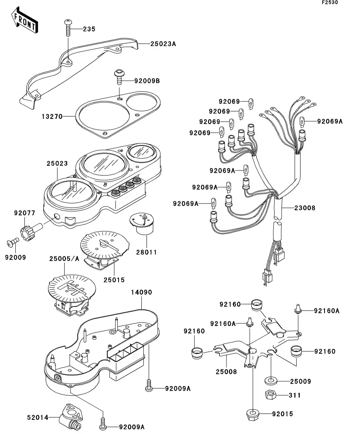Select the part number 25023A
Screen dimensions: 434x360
pyautogui.click(x=163, y=44)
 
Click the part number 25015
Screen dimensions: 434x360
pyautogui.click(x=114, y=280)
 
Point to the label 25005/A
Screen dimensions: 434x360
pyautogui.click(x=64, y=259)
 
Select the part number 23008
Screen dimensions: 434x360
pyautogui.click(x=304, y=207)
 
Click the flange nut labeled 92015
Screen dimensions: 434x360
pyautogui.click(x=251, y=414)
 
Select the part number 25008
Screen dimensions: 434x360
pyautogui.click(x=226, y=371)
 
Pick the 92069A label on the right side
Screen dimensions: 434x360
pyautogui.click(x=330, y=121)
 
